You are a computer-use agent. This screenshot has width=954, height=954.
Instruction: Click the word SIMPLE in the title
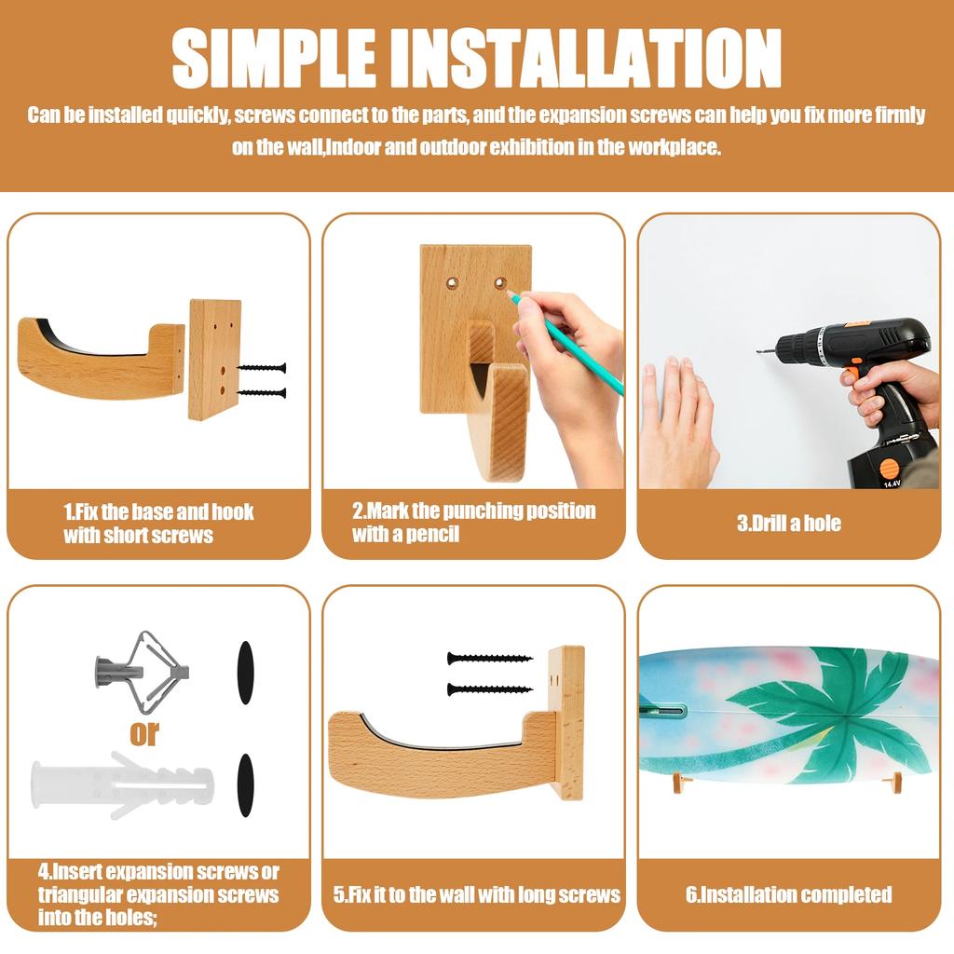pyautogui.click(x=274, y=58)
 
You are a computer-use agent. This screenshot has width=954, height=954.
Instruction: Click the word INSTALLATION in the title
pyautogui.click(x=587, y=58)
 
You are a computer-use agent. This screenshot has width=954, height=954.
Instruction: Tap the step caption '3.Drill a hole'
pyautogui.click(x=789, y=524)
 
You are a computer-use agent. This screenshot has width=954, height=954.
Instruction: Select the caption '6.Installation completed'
pyautogui.click(x=789, y=894)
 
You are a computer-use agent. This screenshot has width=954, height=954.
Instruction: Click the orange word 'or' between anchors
pyautogui.click(x=144, y=734)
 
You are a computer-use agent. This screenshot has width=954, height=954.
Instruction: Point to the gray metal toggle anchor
pyautogui.click(x=143, y=672)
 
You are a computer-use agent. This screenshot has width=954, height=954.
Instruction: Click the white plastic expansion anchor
pyautogui.click(x=122, y=784)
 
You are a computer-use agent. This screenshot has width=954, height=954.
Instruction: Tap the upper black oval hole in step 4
pyautogui.click(x=245, y=673)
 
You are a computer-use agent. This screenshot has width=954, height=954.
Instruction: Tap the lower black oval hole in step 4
pyautogui.click(x=245, y=785)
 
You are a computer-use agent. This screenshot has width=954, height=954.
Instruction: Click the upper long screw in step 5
pyautogui.click(x=490, y=659)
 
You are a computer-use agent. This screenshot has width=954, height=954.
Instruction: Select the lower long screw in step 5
pyautogui.click(x=490, y=689)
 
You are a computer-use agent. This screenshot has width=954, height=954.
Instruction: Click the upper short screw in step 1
pyautogui.click(x=262, y=368)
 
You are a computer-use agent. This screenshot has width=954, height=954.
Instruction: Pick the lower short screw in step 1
pyautogui.click(x=262, y=393)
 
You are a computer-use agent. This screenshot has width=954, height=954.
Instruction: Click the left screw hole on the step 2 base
pyautogui.click(x=452, y=283)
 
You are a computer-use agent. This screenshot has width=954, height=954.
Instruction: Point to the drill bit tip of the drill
pyautogui.click(x=758, y=351)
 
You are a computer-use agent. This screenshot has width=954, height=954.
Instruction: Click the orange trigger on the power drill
pyautogui.click(x=856, y=369)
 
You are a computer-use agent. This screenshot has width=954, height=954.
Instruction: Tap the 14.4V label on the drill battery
pyautogui.click(x=892, y=484)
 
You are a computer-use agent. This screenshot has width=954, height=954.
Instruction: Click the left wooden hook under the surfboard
pyautogui.click(x=681, y=784)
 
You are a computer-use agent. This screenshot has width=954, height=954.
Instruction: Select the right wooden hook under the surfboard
pyautogui.click(x=895, y=783)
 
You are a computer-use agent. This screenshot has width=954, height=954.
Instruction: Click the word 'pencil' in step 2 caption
pyautogui.click(x=432, y=535)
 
